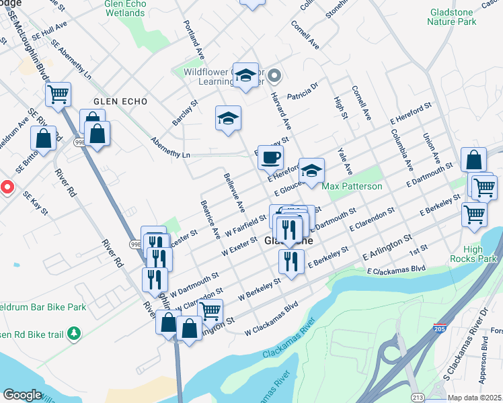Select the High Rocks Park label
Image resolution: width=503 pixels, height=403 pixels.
(x=481, y=254)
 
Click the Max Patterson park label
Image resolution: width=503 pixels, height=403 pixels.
(x=352, y=186)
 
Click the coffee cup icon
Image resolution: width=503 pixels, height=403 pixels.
(x=270, y=158)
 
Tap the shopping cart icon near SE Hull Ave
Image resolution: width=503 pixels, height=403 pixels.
(x=59, y=94)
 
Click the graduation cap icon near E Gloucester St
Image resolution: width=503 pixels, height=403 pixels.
(x=311, y=171)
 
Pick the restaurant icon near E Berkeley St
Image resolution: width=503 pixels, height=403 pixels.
(x=291, y=261)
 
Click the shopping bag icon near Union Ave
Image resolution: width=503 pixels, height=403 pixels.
(x=473, y=160)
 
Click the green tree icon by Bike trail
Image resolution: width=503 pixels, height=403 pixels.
(x=75, y=332)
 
